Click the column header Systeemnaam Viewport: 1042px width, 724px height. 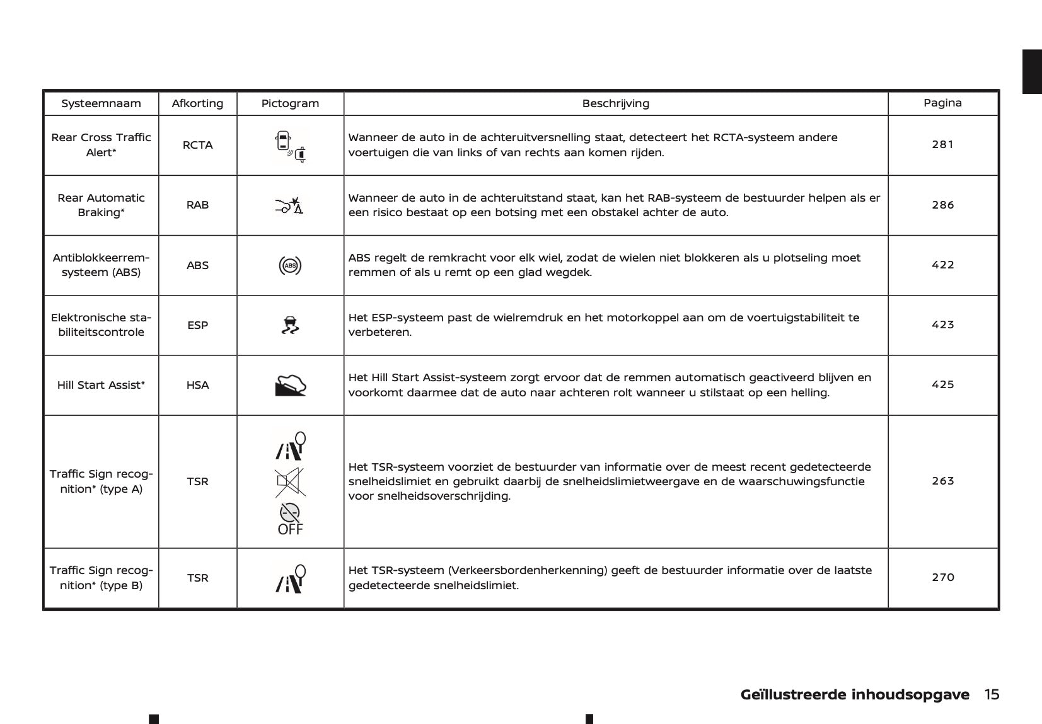point(101,103)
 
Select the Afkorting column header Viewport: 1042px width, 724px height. point(197,103)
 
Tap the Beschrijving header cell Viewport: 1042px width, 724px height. point(615,103)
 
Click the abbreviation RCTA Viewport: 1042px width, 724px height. point(197,145)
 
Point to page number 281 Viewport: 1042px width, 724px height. point(942,144)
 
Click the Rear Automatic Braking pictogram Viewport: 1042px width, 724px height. point(290,205)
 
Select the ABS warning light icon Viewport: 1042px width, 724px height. point(290,265)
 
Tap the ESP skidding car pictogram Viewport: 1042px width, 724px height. point(290,325)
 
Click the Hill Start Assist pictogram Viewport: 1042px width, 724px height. point(290,385)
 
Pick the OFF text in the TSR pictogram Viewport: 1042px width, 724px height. point(290,529)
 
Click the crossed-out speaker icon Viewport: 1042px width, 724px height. point(290,482)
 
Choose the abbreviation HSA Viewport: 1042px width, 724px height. point(197,385)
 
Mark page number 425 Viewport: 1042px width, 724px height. point(942,384)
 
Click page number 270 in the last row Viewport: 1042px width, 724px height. point(942,577)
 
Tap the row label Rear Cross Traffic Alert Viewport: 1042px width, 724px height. point(101,145)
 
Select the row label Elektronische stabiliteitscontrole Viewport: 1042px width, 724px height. point(101,325)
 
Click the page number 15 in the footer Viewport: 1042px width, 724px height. point(992,694)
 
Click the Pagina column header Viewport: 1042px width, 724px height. point(942,103)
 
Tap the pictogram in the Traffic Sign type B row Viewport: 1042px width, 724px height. point(290,579)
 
